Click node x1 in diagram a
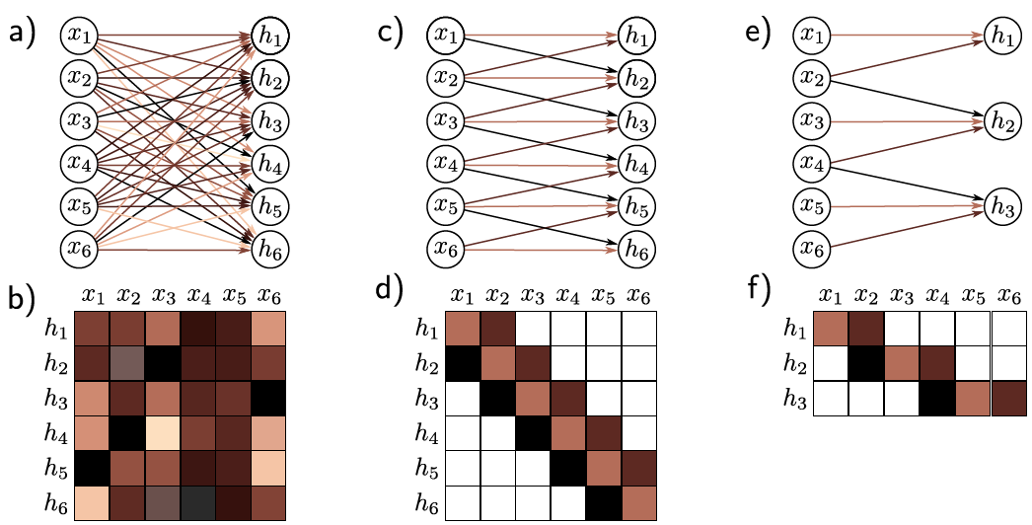point(80,36)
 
